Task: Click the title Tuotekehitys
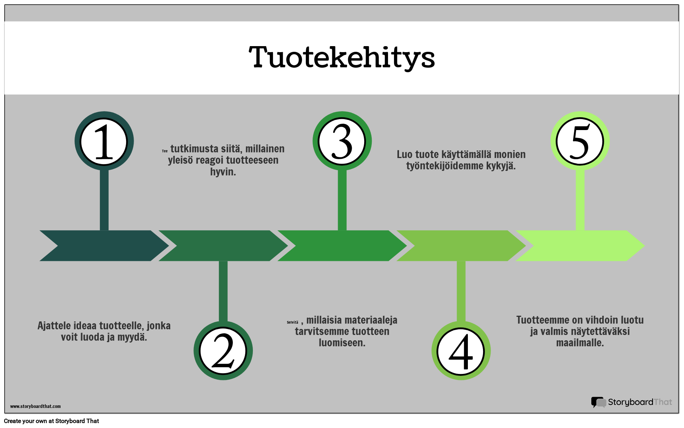coord(342,57)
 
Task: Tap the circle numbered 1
coord(104,141)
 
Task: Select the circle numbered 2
coord(223,351)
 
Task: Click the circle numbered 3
coord(342,141)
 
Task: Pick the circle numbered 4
coord(461,351)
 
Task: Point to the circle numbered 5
coord(580,141)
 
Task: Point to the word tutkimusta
coord(194,149)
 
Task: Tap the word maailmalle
coord(580,343)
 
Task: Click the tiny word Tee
coord(165,151)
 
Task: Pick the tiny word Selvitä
coord(292,323)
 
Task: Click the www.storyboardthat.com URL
coord(35,406)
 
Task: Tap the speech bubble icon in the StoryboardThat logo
coord(598,402)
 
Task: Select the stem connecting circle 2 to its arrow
coord(223,291)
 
